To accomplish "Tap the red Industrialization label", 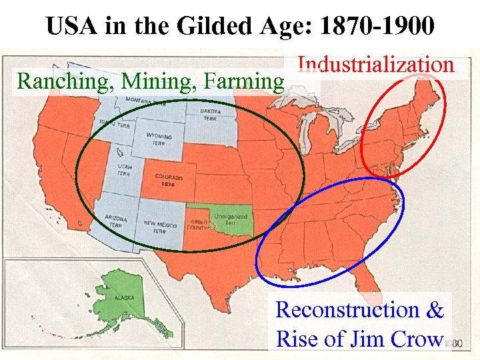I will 376,65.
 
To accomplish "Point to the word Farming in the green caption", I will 245,81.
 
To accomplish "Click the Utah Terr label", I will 123,171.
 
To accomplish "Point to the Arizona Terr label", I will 116,221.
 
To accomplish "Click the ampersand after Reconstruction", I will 435,309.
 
